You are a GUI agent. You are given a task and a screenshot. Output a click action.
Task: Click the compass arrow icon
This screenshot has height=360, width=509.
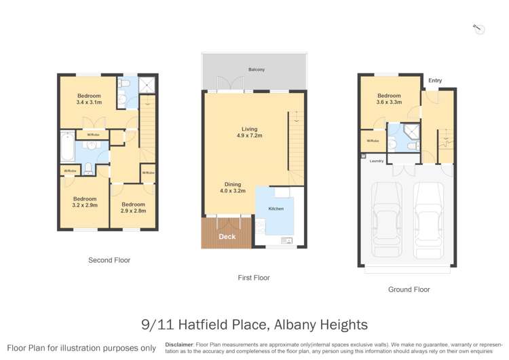coord(478,29)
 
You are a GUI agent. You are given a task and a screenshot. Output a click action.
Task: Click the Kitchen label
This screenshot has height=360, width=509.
coord(276,208)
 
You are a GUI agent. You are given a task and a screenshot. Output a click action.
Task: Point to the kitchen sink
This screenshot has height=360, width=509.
coord(286,240)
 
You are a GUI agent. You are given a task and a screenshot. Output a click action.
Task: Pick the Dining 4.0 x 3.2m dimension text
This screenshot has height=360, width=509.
coord(233,187)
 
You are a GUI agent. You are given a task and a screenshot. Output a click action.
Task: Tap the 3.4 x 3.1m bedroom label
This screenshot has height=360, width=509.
coord(89,99)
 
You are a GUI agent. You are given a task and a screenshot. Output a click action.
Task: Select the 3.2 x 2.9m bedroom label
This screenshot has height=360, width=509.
coord(86,202)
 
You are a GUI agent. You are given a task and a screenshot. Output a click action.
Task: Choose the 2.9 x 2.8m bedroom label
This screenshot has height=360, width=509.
coord(133,208)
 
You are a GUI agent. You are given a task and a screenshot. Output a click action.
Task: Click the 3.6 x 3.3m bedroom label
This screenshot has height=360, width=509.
coord(389,99)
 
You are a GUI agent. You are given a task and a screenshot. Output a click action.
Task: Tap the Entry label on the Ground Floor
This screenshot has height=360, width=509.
coord(435,81)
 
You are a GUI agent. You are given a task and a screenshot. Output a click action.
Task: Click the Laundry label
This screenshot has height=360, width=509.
coord(376,161)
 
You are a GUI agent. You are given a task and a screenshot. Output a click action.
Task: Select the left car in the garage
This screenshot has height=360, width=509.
coord(387,217)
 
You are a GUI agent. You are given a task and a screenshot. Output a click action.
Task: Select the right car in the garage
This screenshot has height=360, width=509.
coord(428,217)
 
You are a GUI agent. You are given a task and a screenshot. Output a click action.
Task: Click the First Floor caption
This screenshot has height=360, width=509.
coord(254,278)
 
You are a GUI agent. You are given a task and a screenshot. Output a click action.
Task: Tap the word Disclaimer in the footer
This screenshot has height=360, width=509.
coord(179,344)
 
